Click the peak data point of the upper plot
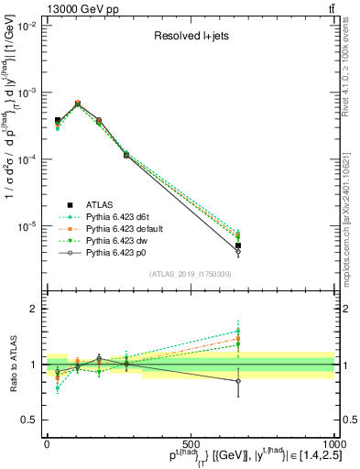[78, 104]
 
